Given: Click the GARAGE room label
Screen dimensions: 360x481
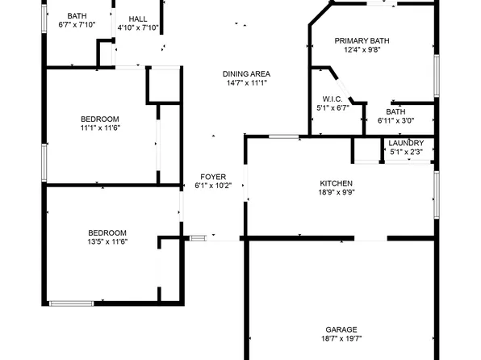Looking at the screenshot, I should pyautogui.click(x=341, y=329).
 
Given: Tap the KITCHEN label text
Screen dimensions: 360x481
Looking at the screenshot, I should pyautogui.click(x=337, y=183).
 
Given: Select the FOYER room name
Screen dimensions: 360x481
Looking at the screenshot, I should pyautogui.click(x=213, y=176).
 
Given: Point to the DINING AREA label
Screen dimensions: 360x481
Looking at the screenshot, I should pyautogui.click(x=246, y=73).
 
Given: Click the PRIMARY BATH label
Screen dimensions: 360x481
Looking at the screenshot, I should pyautogui.click(x=362, y=40).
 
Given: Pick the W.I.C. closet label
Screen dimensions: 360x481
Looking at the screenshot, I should pyautogui.click(x=332, y=98).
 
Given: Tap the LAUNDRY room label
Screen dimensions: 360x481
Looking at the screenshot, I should pyautogui.click(x=406, y=143).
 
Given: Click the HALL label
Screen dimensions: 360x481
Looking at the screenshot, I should pyautogui.click(x=138, y=18).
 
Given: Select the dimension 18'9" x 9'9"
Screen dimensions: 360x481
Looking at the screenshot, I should pyautogui.click(x=337, y=193).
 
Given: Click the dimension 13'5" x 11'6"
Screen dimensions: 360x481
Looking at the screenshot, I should pyautogui.click(x=107, y=241).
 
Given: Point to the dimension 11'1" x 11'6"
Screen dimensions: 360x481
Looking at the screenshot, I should pyautogui.click(x=100, y=128).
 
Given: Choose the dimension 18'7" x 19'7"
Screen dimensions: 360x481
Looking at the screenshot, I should pyautogui.click(x=341, y=339).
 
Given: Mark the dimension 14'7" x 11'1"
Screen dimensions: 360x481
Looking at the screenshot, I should pyautogui.click(x=246, y=82).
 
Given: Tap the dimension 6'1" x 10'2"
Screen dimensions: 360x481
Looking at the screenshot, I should pyautogui.click(x=213, y=186).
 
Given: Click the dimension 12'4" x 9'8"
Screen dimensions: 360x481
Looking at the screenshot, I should pyautogui.click(x=362, y=50).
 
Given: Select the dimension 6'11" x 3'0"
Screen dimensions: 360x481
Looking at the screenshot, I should pyautogui.click(x=395, y=121).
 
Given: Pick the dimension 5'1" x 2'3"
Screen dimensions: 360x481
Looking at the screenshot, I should pyautogui.click(x=406, y=152).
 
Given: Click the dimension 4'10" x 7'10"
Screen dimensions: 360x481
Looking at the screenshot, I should pyautogui.click(x=138, y=27).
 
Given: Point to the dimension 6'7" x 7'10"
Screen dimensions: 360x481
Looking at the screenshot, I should pyautogui.click(x=77, y=25).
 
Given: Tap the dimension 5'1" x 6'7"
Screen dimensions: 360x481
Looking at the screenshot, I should pyautogui.click(x=332, y=107).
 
